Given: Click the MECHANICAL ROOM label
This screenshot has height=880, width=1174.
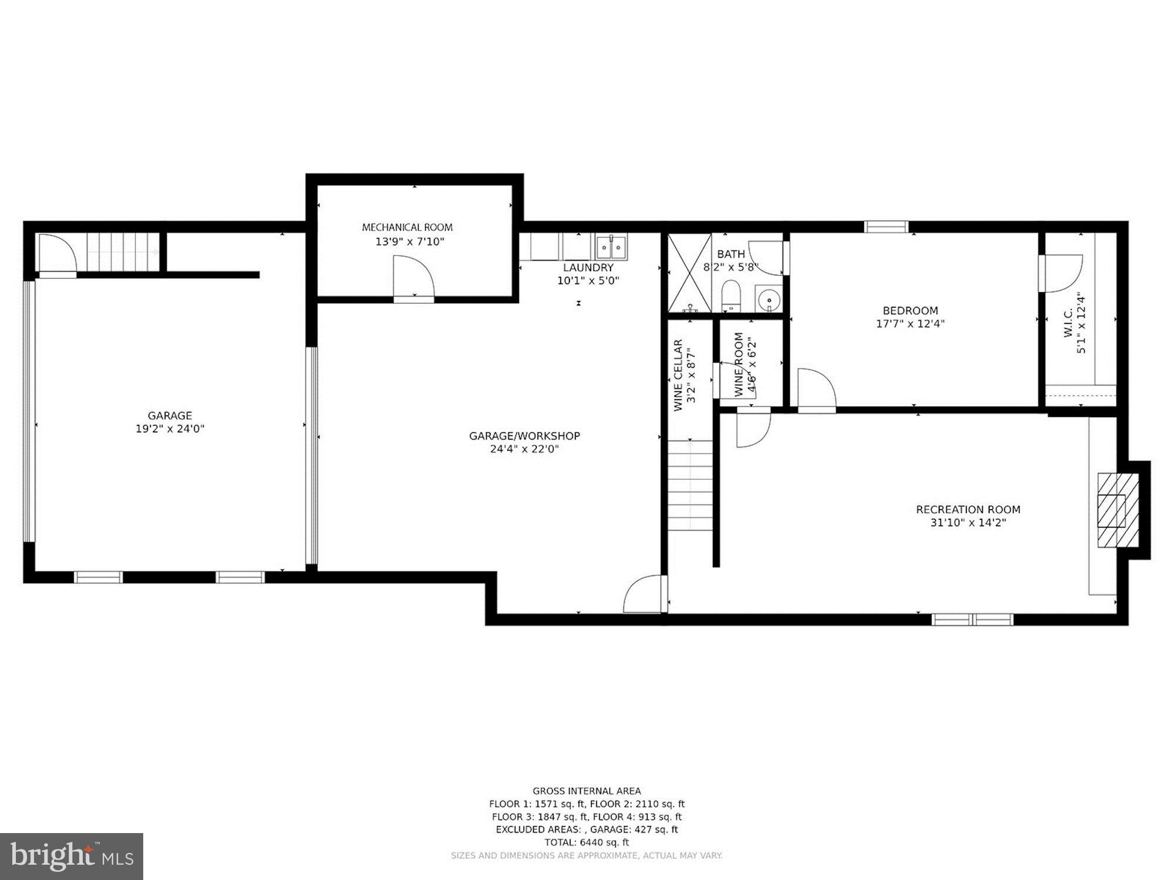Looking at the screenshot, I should (407, 227).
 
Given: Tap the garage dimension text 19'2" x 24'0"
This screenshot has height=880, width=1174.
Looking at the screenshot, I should (170, 429).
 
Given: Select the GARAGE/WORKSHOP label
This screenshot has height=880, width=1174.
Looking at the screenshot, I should (524, 436).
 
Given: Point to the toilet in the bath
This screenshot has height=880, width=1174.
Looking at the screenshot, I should (731, 295).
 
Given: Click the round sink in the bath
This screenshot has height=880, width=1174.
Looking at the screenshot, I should (768, 301).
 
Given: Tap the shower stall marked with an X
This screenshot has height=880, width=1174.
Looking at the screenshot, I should (689, 273).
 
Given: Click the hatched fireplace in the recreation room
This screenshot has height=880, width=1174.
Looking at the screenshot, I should (1118, 510).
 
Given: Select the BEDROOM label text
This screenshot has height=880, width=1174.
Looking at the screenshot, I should (910, 310).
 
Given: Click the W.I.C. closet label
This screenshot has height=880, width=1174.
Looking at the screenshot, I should (1068, 323).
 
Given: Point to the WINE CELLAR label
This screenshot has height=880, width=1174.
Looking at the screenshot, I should (679, 375).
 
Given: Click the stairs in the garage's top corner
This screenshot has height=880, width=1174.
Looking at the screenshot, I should (123, 252).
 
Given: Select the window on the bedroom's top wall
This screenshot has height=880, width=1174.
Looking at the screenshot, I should (886, 226).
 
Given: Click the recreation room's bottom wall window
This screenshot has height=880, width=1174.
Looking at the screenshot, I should (973, 620).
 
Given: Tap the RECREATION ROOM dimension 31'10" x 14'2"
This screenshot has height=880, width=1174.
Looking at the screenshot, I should (968, 523).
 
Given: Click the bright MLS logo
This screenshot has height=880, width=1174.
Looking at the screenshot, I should (72, 857).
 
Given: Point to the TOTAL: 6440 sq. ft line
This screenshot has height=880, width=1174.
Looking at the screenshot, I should (586, 842).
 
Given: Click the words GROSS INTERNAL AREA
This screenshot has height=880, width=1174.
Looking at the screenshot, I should (586, 791).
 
